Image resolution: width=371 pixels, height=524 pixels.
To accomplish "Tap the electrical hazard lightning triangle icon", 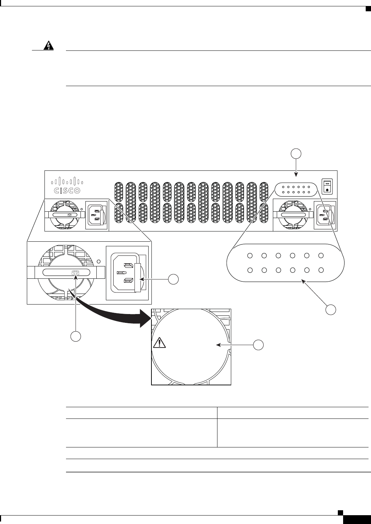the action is (x=48, y=46).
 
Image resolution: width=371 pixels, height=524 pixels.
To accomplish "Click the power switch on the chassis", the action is (x=327, y=186).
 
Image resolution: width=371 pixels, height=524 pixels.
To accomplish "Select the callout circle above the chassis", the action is (x=296, y=154).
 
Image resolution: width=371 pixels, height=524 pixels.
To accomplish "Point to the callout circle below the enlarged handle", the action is (x=76, y=336).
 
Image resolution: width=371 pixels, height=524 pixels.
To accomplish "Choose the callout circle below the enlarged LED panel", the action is (x=331, y=309).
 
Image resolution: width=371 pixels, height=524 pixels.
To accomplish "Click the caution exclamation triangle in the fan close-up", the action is (x=160, y=343).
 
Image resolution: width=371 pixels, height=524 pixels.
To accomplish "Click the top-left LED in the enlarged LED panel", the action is (x=250, y=256).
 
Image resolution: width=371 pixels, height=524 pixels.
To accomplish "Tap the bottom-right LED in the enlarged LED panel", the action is (x=321, y=270).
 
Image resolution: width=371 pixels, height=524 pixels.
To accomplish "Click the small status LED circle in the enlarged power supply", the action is (x=98, y=261).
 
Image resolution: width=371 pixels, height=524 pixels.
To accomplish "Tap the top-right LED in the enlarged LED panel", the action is (x=321, y=256).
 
